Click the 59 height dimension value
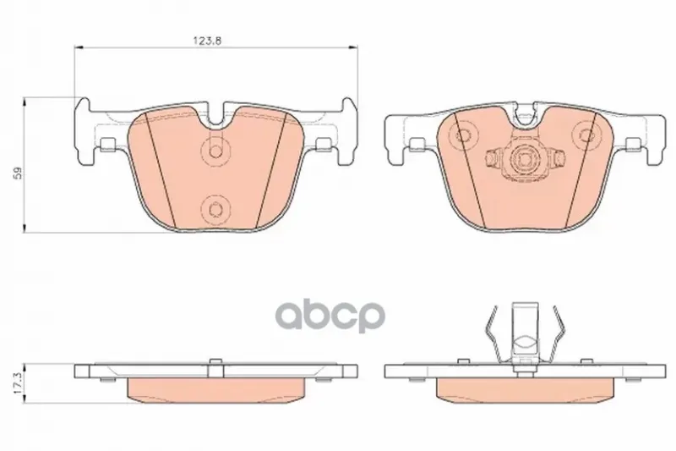(18, 173)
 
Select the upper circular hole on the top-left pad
(215, 152)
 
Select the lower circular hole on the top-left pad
(215, 209)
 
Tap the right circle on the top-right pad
(586, 135)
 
